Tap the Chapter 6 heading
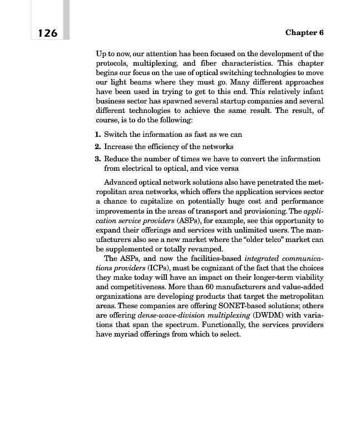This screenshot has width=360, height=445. [x=304, y=33]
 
